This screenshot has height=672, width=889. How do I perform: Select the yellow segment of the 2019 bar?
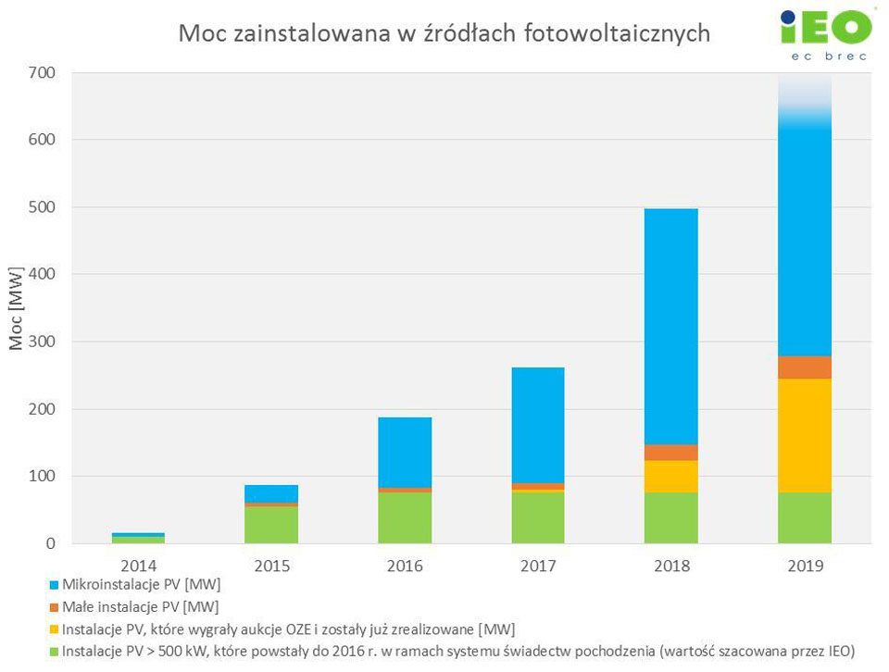click(804, 435)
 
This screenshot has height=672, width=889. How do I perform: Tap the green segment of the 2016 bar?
click(405, 517)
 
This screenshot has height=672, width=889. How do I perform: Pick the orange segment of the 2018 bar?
click(671, 453)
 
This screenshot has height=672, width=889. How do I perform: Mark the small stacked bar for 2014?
click(138, 538)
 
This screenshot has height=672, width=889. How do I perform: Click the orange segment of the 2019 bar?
click(804, 367)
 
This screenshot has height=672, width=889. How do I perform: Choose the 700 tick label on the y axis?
click(42, 72)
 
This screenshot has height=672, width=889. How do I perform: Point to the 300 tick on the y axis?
click(42, 342)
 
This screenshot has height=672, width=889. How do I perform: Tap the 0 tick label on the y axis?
click(50, 543)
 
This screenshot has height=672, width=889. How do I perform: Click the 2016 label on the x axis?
click(405, 566)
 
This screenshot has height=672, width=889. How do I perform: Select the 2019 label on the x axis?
click(804, 566)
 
